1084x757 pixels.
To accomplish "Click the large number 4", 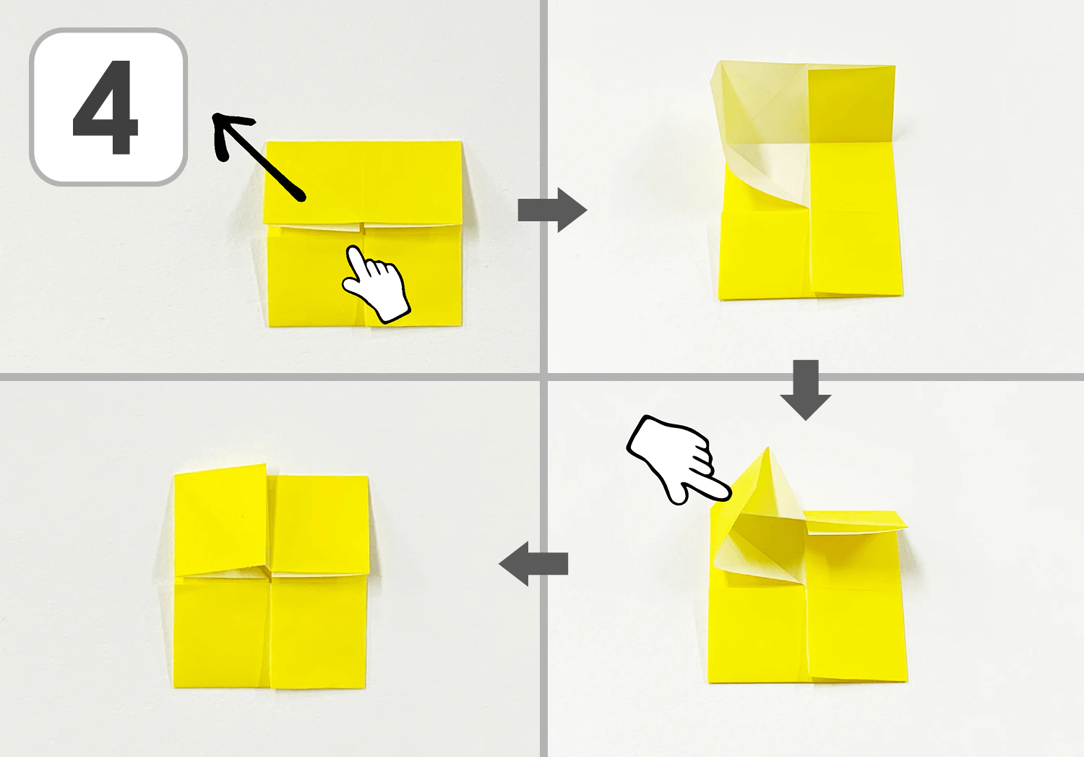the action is coord(106,107).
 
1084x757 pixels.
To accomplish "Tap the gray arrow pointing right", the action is coord(552,210).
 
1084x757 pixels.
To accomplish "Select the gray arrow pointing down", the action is coord(806,390).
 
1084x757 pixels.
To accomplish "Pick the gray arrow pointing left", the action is coord(533,564).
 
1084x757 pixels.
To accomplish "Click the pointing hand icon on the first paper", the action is coord(376,284).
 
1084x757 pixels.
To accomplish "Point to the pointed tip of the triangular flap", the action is coord(767,448).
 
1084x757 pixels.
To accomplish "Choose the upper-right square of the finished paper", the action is coord(319,524).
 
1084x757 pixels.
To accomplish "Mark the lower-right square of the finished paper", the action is coord(319,632).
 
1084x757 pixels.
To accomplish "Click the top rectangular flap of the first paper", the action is coord(363,183).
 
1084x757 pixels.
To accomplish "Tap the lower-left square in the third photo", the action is coord(758,635).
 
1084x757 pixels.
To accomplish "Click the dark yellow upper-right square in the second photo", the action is coord(852,105).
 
